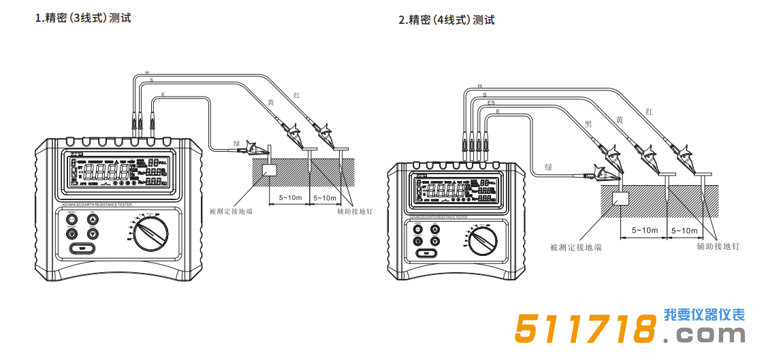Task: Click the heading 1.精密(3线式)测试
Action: pyautogui.click(x=83, y=18)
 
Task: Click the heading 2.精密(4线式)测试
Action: pyautogui.click(x=446, y=20)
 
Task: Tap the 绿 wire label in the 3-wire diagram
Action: pyautogui.click(x=237, y=144)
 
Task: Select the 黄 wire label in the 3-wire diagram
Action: pyautogui.click(x=270, y=102)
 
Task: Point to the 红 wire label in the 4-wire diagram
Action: pyautogui.click(x=649, y=111)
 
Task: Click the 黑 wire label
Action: pyautogui.click(x=588, y=124)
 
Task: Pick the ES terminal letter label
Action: pyautogui.click(x=491, y=102)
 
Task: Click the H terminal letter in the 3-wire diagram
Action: pyautogui.click(x=147, y=72)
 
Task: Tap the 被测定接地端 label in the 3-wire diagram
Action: pyautogui.click(x=232, y=212)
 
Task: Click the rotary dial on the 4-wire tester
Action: pyautogui.click(x=484, y=241)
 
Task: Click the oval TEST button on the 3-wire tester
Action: pyautogui.click(x=82, y=248)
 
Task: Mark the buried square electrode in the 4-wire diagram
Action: pyautogui.click(x=621, y=199)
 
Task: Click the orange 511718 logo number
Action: pyautogui.click(x=584, y=330)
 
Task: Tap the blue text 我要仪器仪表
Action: pyautogui.click(x=704, y=315)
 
